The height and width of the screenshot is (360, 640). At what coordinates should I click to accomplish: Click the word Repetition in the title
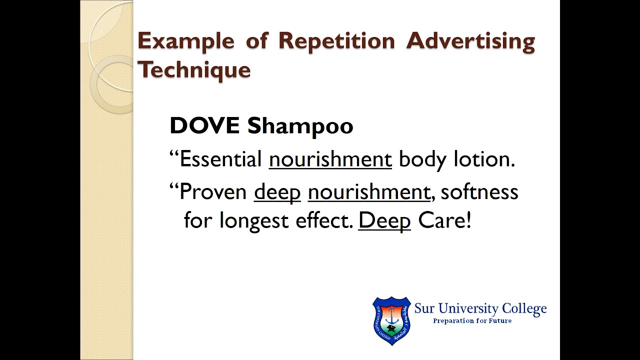(x=336, y=41)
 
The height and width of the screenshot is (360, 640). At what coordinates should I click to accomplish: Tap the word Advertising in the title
(x=470, y=41)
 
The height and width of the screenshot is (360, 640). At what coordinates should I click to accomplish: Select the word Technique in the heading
(x=194, y=69)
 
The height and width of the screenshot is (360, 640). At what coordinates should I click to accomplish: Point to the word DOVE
(x=204, y=125)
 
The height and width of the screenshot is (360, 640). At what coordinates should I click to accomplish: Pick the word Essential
(x=220, y=159)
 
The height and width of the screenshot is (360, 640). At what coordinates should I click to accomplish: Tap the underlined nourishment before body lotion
(x=330, y=159)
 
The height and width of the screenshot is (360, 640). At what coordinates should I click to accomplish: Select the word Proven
(x=213, y=192)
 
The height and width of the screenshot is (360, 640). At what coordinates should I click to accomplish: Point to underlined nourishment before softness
(x=368, y=192)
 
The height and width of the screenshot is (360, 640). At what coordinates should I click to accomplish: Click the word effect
(x=324, y=220)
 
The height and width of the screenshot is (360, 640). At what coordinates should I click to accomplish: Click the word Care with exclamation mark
(x=444, y=220)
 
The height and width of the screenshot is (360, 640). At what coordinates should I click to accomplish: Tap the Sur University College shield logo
(x=391, y=320)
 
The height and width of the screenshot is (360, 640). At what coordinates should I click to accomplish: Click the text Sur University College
(x=480, y=308)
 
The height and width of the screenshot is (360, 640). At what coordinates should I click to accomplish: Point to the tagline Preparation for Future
(x=472, y=320)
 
